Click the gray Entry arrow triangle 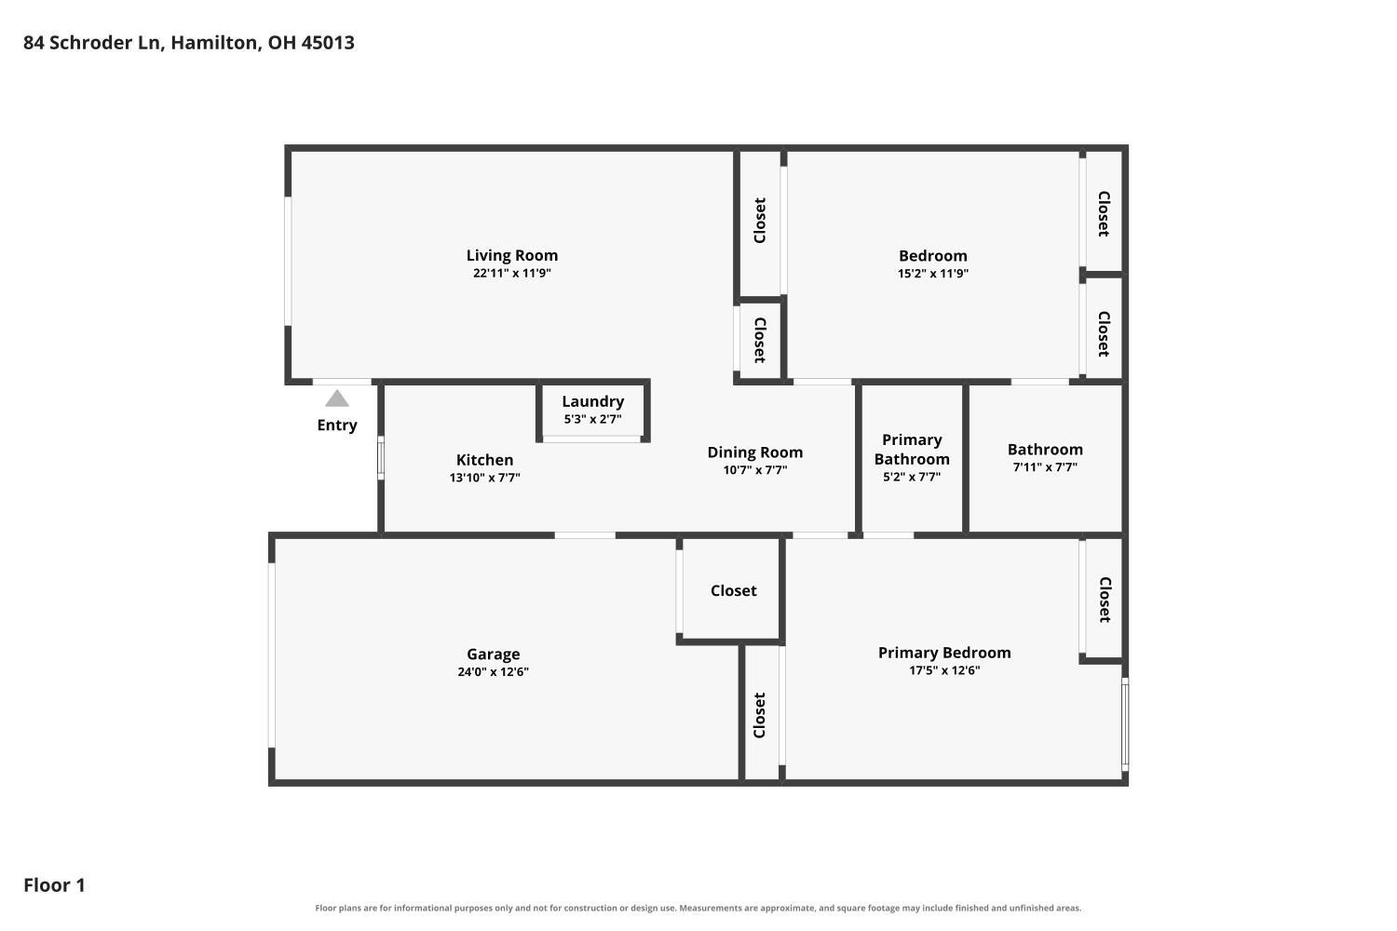point(337,398)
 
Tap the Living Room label point(512,255)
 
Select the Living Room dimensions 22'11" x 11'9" point(512,273)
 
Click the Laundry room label point(592,401)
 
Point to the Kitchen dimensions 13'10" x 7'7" point(484,478)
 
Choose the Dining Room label point(754,452)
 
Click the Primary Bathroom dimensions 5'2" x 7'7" point(912,477)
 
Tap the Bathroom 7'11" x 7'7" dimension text point(1045,467)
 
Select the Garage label point(494,654)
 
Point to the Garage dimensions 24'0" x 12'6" point(494,671)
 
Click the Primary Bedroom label point(944,653)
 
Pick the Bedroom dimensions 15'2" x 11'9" point(933,273)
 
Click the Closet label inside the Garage point(734,590)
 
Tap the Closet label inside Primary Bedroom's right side point(1104,600)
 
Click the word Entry point(337,425)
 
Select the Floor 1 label point(54,884)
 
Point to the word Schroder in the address point(105,43)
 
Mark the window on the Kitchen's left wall point(380,458)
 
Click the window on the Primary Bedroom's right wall point(1125,724)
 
